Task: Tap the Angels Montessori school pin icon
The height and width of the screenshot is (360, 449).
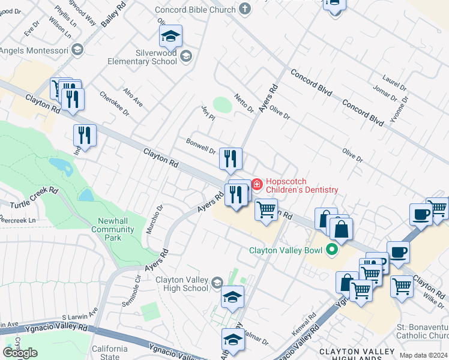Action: click(77, 50)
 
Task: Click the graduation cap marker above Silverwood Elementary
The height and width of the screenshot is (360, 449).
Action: click(170, 37)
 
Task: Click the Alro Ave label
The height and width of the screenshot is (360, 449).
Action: click(133, 97)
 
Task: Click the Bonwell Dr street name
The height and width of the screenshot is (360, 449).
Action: click(200, 146)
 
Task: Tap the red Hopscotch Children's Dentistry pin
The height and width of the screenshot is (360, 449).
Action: click(257, 183)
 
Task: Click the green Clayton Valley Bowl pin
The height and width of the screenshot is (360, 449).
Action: click(331, 250)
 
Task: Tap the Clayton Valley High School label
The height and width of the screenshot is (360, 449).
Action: click(181, 284)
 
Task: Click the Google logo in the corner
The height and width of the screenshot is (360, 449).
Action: click(20, 353)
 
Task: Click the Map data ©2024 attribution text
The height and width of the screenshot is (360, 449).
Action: click(422, 355)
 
